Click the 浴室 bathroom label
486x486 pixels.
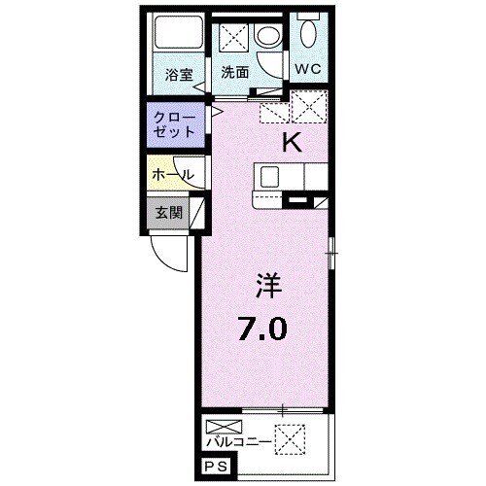point(179,75)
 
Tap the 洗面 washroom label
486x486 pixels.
point(235,72)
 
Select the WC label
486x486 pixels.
point(307,69)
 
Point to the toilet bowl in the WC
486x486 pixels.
point(309,33)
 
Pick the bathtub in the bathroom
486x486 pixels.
point(178,32)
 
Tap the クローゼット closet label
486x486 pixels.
point(175,124)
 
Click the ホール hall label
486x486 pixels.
point(173,175)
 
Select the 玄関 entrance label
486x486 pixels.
point(168,213)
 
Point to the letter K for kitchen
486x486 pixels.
point(293,143)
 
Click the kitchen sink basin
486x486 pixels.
point(269,177)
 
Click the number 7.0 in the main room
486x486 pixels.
point(262,329)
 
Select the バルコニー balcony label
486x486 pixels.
point(239,441)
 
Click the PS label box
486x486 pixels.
point(217,468)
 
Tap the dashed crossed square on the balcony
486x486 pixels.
point(290,439)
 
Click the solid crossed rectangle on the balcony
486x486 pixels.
point(224,427)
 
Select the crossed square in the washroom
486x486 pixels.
point(233,38)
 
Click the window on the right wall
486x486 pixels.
point(330,253)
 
